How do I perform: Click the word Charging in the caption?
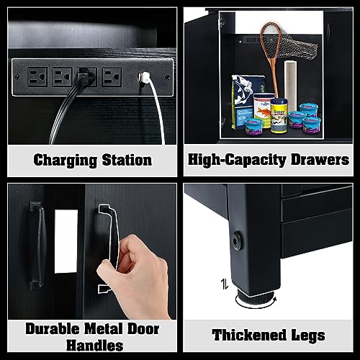(63, 159)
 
